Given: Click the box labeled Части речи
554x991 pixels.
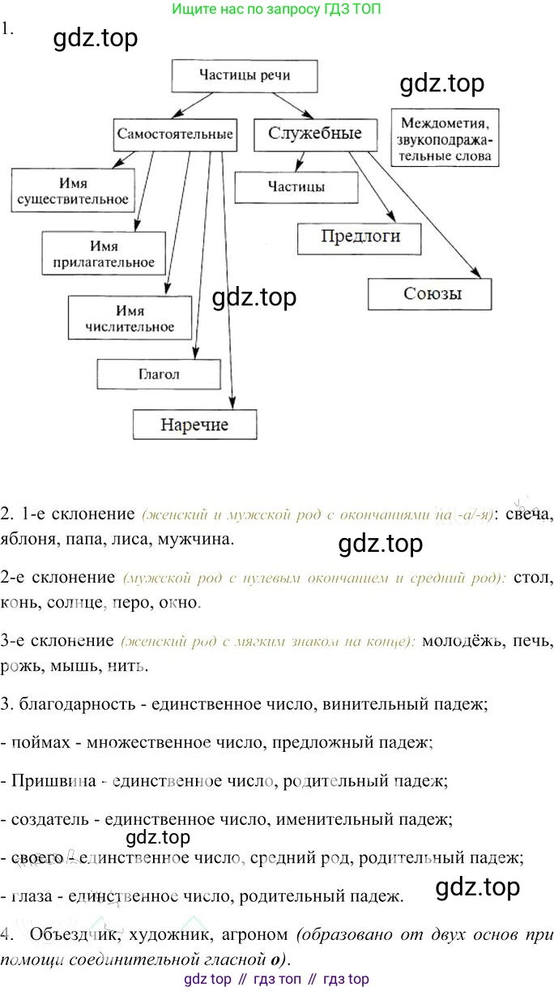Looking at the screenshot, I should click(244, 76).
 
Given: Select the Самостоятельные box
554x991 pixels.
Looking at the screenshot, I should click(175, 133).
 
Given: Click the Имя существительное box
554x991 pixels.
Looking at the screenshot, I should click(72, 191).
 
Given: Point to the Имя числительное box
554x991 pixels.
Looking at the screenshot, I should click(130, 318).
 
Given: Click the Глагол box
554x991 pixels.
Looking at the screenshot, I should click(159, 374).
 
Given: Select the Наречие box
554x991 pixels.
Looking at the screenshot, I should click(194, 424).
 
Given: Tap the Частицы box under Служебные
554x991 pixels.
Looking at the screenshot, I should click(296, 187).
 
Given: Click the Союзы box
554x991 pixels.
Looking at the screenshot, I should click(429, 293).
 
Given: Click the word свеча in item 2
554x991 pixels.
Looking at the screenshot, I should click(525, 514).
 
